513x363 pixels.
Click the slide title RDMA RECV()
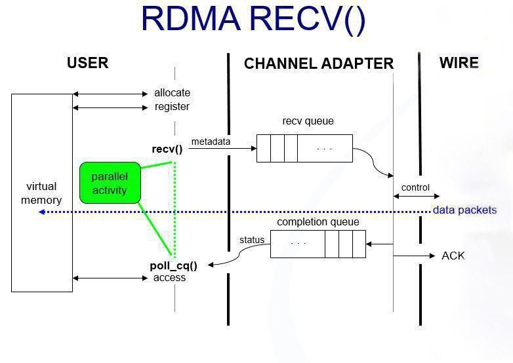coord(253,19)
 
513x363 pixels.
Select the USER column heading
coord(87,63)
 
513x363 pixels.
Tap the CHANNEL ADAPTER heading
coord(318,64)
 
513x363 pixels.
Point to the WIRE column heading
coord(459,63)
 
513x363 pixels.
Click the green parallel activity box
coord(110,183)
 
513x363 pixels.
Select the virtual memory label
coord(41,193)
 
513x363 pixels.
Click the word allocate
coord(172,93)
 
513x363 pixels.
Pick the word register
coord(172,106)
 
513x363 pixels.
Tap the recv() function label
coord(167,149)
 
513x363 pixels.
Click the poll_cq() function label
coord(173,265)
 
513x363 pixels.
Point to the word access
coord(169,277)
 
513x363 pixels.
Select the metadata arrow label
coord(211,142)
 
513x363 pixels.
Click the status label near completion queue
coord(252,240)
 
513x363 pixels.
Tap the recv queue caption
coord(308,121)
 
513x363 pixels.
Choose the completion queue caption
coord(318,222)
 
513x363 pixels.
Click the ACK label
coord(453,256)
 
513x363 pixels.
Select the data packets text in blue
coord(464,210)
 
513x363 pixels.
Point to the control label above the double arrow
coord(415,187)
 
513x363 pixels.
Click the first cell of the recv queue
coord(264,148)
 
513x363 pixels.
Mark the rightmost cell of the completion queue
coord(359,244)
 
